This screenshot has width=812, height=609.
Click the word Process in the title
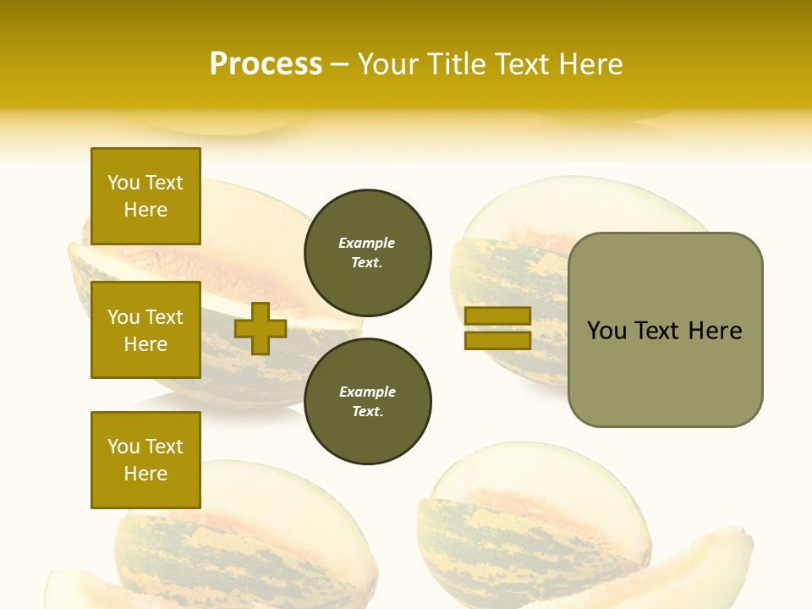click(266, 64)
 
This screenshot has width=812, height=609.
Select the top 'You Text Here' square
click(145, 196)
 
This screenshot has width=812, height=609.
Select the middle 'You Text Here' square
click(145, 330)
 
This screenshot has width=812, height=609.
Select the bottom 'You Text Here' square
click(145, 460)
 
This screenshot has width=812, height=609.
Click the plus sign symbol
click(261, 329)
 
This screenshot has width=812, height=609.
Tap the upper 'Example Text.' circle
click(367, 252)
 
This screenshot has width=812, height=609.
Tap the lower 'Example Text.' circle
click(367, 401)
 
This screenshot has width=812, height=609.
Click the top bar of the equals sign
click(497, 316)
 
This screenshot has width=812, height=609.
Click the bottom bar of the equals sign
click(497, 341)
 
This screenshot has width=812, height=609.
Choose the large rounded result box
click(665, 330)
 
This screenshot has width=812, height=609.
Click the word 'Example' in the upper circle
click(367, 243)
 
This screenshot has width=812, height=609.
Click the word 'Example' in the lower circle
click(367, 392)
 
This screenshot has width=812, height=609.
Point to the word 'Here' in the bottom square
click(145, 474)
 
